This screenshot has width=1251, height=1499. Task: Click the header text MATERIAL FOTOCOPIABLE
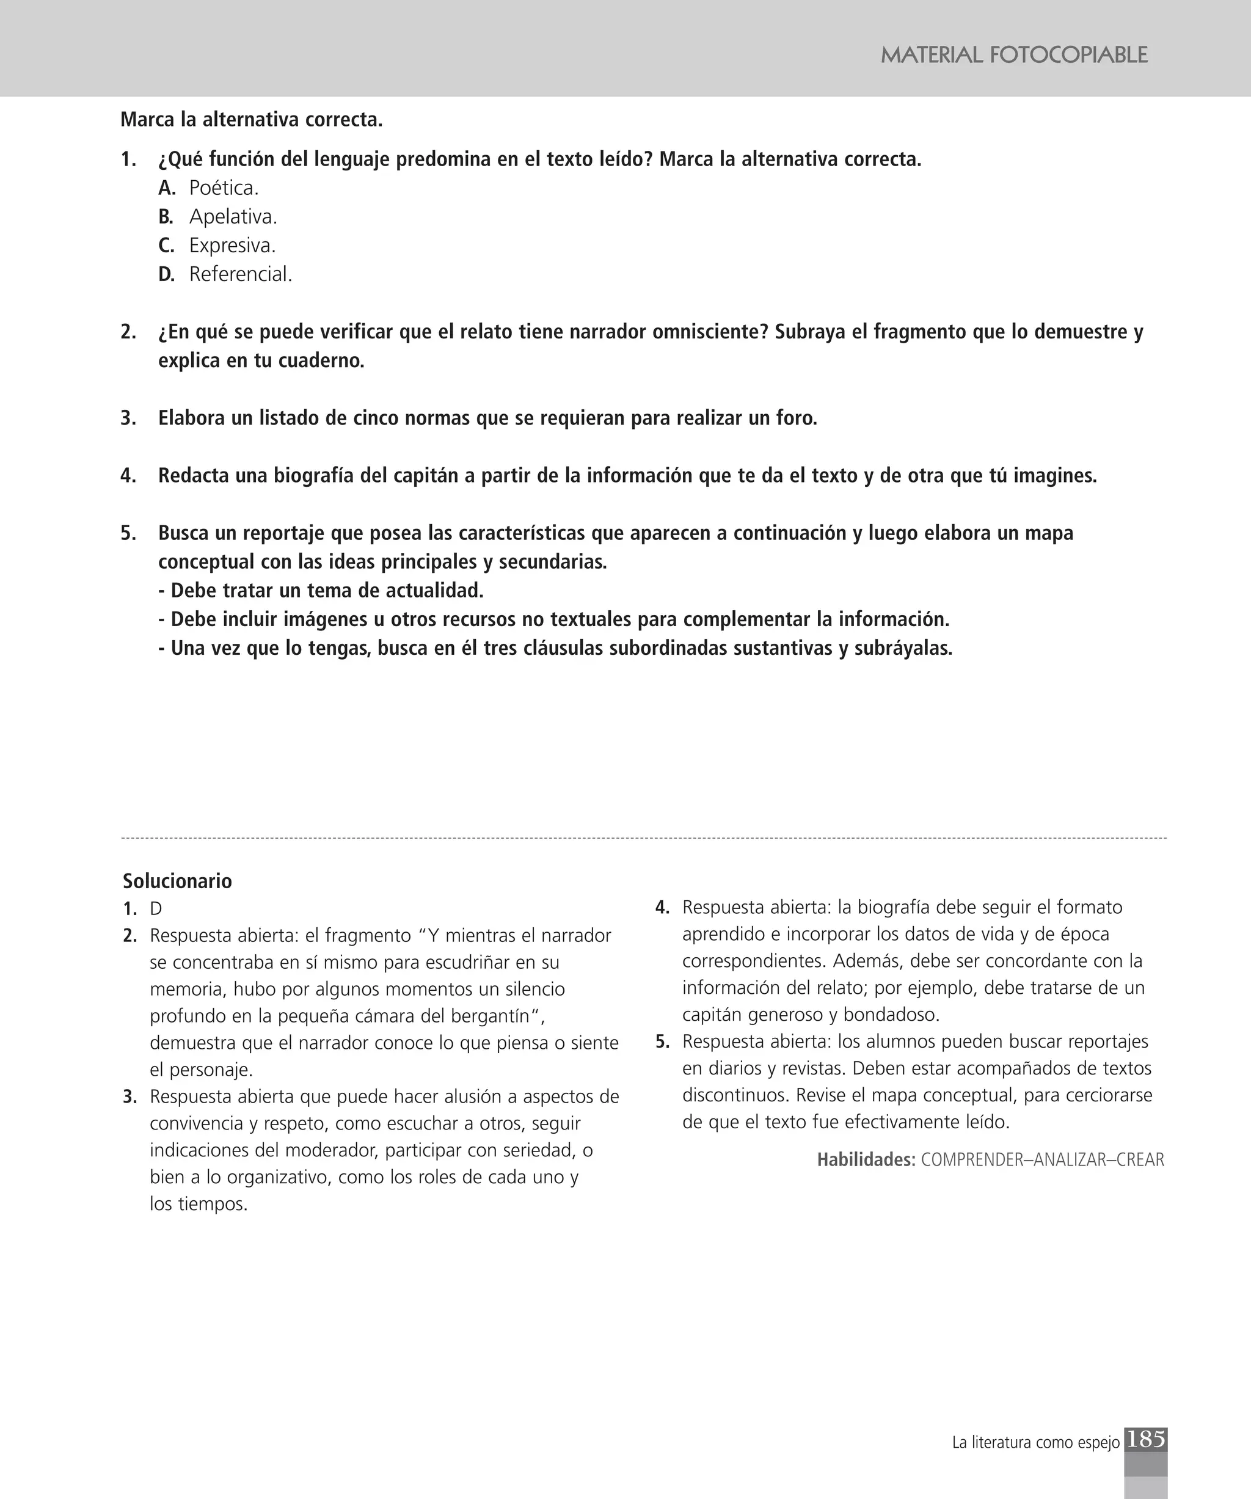[x=1013, y=55]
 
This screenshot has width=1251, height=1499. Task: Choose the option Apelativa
[x=233, y=217]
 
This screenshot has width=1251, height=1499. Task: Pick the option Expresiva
[x=232, y=246]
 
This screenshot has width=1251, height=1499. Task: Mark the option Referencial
[x=240, y=274]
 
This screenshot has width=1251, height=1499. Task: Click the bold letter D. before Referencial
[x=166, y=274]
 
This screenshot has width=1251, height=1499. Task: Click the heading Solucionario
[x=177, y=881]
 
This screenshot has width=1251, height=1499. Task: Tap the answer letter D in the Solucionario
[x=156, y=909]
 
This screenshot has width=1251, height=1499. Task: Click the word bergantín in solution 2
[x=492, y=1016]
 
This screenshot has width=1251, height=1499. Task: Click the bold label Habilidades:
[x=866, y=1160]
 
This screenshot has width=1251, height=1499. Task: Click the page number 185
[x=1145, y=1439]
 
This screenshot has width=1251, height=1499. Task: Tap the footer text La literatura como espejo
[x=1035, y=1443]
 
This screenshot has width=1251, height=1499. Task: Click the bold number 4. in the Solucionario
[x=662, y=908]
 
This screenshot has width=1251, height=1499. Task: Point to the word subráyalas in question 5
[x=903, y=648]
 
